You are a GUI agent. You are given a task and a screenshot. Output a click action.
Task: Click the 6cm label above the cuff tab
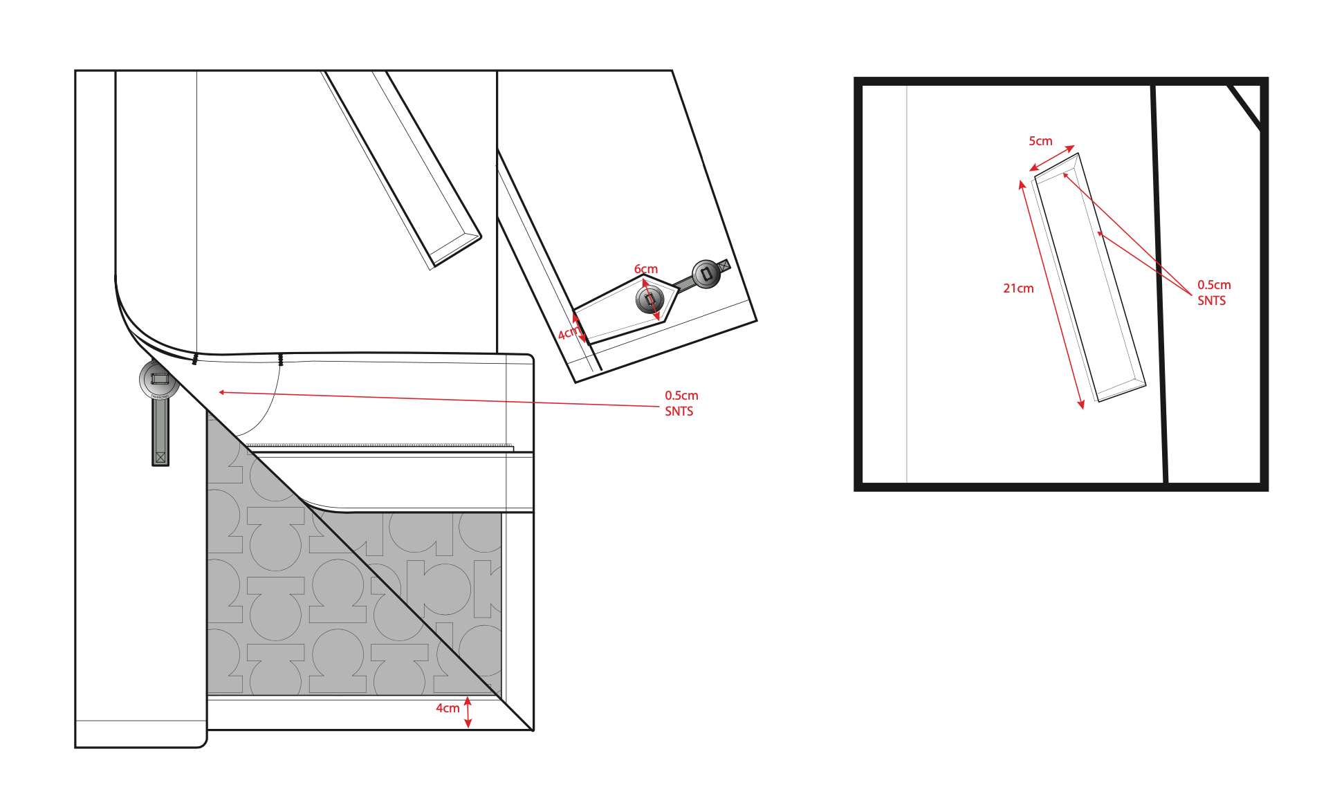(x=645, y=269)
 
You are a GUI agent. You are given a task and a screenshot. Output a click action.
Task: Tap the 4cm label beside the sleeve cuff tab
(x=567, y=333)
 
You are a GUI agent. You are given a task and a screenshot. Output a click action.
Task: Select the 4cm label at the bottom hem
(x=447, y=708)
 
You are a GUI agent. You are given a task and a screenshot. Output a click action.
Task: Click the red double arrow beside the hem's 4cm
(x=468, y=712)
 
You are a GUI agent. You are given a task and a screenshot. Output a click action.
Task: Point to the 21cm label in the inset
(x=1018, y=288)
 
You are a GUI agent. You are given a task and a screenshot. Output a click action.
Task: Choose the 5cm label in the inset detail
(x=1040, y=141)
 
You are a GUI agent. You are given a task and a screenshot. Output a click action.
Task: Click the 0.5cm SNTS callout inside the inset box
(x=1213, y=293)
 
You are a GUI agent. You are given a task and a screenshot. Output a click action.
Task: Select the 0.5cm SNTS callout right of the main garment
(x=681, y=403)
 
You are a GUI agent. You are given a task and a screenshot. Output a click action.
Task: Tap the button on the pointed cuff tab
(x=650, y=300)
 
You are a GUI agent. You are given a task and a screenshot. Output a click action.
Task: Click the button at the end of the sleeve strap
(x=706, y=274)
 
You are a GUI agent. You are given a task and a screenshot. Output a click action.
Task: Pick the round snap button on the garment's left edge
(x=159, y=380)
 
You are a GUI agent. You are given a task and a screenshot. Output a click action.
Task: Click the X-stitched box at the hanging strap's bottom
(x=160, y=457)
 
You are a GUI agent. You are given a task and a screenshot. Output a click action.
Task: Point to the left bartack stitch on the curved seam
(x=195, y=360)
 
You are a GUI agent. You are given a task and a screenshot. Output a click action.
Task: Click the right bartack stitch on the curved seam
(x=280, y=360)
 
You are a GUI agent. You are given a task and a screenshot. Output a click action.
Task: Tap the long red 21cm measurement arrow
(x=1051, y=295)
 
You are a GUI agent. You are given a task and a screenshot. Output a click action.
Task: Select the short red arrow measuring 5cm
(x=1052, y=158)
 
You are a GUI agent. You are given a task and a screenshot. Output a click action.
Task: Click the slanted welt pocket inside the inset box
(x=1090, y=277)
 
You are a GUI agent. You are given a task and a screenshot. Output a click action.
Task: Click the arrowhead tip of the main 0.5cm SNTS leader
(x=220, y=392)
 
